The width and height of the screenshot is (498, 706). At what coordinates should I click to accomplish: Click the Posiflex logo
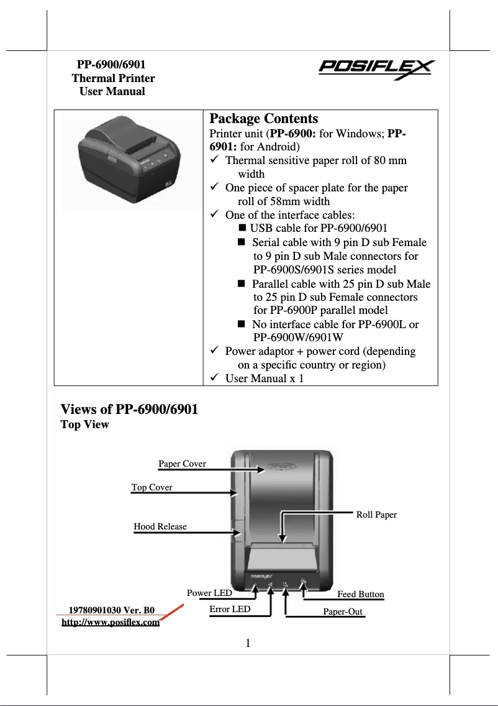tap(376, 68)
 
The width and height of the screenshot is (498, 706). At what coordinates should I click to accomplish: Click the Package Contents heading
tap(263, 119)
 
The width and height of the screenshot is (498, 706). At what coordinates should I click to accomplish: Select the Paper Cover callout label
tap(182, 464)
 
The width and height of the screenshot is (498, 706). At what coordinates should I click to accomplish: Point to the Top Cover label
tap(152, 487)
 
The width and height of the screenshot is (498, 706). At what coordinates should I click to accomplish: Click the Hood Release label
tap(160, 526)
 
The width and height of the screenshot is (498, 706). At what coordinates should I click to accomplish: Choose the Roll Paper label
tap(376, 515)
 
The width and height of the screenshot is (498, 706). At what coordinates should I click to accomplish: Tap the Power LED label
tap(209, 593)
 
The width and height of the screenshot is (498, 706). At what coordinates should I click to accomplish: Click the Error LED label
tap(230, 609)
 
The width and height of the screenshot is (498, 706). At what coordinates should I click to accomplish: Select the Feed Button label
tap(360, 594)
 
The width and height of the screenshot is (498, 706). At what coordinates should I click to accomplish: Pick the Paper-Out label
tap(343, 612)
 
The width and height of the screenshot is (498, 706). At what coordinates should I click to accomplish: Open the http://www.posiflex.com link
tap(111, 622)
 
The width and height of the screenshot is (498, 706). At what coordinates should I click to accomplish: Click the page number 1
tap(248, 643)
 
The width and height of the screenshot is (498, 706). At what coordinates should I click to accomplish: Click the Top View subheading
tap(84, 425)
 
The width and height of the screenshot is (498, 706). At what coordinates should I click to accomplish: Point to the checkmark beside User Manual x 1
tap(214, 378)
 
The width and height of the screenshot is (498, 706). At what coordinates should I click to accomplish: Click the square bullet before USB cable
tap(242, 228)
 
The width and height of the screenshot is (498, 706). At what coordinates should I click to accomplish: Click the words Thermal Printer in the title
tap(113, 78)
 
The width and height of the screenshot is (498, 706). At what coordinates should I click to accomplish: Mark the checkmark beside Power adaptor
tap(214, 351)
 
